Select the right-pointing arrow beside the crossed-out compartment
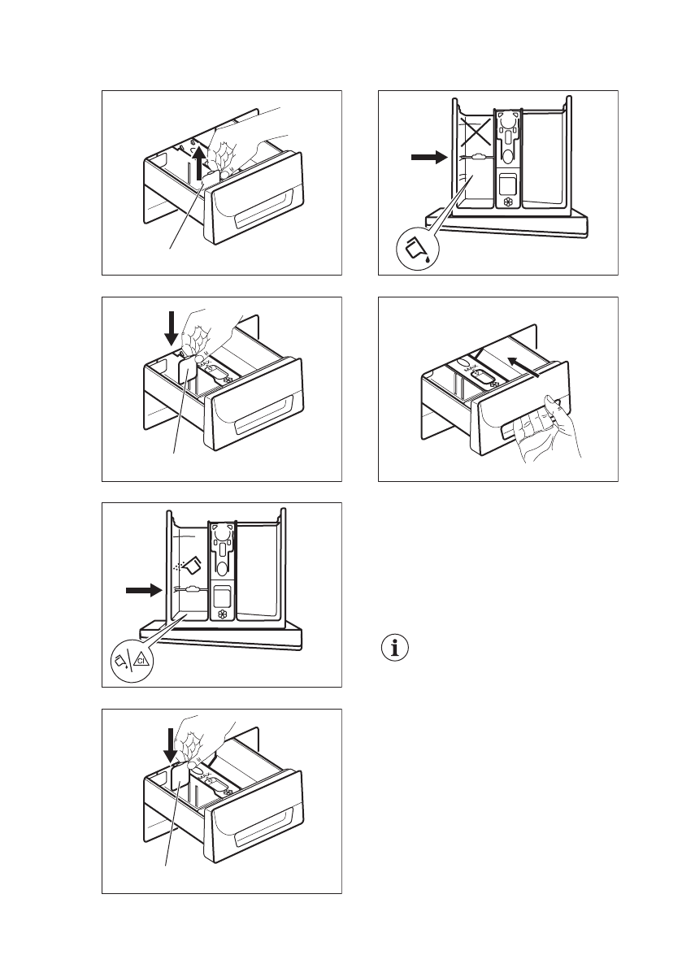point(424,158)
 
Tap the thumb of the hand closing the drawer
point(552,401)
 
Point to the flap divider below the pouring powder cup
point(191,591)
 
